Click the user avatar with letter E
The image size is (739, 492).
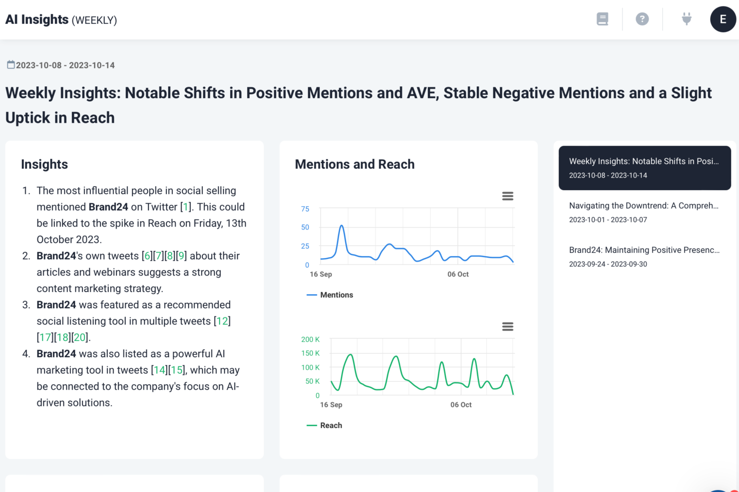tap(723, 19)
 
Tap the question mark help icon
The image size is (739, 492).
tap(642, 19)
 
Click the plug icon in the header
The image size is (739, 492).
tap(687, 19)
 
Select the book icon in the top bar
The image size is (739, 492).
tap(602, 19)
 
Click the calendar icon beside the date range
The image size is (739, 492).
tap(11, 65)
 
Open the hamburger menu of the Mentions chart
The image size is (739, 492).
tap(507, 196)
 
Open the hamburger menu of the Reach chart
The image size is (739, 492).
tap(507, 326)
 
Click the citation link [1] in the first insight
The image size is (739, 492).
tap(186, 207)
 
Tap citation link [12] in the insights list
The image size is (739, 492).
tap(222, 321)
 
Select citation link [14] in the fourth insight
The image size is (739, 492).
tap(159, 370)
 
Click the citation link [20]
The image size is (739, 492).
tap(79, 337)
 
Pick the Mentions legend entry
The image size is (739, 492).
tap(330, 295)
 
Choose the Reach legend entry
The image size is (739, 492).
tap(324, 426)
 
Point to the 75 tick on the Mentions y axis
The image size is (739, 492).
tap(305, 209)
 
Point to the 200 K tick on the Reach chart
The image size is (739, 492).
tap(311, 339)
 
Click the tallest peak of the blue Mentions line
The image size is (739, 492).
tap(342, 226)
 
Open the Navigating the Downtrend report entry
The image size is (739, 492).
tap(644, 212)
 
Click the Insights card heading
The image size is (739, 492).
tap(44, 164)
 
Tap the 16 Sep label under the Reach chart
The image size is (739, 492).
tap(331, 405)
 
